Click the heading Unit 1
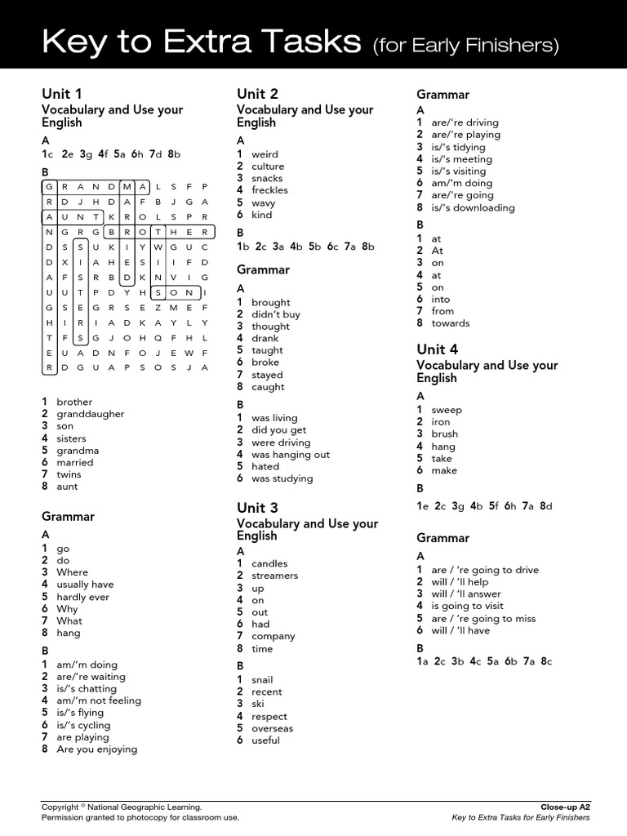[62, 93]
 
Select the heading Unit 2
[257, 93]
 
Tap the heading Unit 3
[257, 507]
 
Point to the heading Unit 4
[437, 349]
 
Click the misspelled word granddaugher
[90, 414]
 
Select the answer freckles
[269, 190]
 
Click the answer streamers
[274, 576]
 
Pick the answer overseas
[272, 728]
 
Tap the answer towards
[450, 322]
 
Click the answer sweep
[446, 410]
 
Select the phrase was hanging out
[291, 455]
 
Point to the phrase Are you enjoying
[96, 749]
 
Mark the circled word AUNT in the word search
[73, 217]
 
